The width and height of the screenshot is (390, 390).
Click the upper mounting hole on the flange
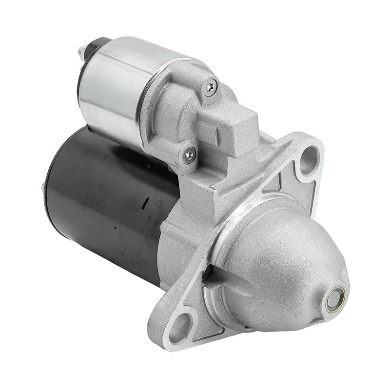coord(308,159)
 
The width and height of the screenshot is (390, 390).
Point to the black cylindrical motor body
coord(107,195)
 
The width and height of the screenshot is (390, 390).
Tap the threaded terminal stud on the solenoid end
coord(80,50)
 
